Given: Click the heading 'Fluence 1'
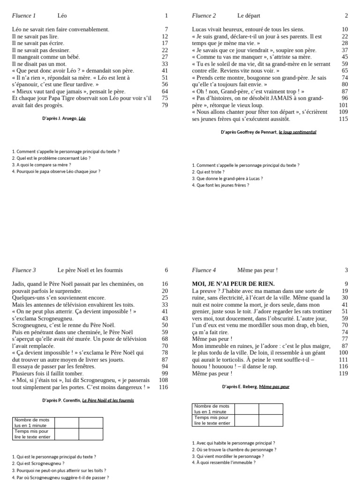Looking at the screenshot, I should [23, 16].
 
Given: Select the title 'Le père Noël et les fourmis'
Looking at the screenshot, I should [90, 270].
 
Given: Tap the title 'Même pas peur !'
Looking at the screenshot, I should [257, 270].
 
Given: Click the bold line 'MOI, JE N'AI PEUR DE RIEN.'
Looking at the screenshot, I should [233, 284].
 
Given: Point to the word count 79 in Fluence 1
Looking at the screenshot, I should [165, 105].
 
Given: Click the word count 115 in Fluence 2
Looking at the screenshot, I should [343, 119].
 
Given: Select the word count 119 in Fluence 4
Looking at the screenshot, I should [343, 374].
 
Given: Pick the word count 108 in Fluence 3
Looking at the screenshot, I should [163, 380].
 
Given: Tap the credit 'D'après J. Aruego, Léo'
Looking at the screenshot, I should [64, 119].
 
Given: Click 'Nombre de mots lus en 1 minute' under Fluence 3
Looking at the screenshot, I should [33, 423].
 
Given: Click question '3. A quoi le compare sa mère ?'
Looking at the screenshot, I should [41, 165].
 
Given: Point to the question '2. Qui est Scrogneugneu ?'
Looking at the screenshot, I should [38, 463].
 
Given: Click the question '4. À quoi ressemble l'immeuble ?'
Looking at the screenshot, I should [224, 463].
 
